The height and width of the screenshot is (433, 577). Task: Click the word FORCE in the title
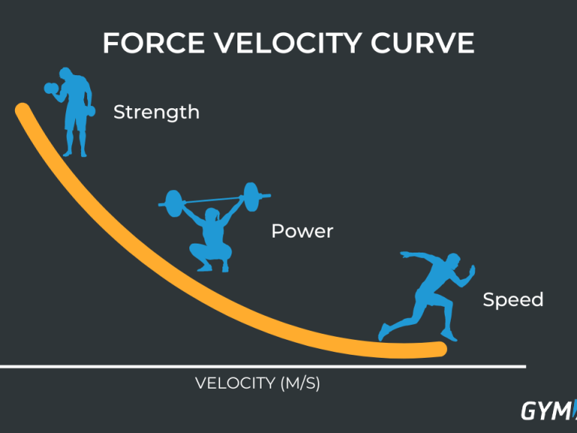(x=153, y=43)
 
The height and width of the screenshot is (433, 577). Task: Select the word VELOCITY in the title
(x=287, y=43)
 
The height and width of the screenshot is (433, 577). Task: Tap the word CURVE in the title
(x=422, y=43)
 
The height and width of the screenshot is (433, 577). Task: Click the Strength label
(x=156, y=112)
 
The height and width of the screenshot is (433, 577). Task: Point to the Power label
(x=302, y=232)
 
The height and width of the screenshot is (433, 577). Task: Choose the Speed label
(x=513, y=300)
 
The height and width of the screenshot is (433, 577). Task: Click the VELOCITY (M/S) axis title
(x=257, y=383)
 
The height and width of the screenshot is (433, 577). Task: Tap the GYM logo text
(x=548, y=410)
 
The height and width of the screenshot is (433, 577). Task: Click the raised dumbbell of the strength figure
(x=51, y=89)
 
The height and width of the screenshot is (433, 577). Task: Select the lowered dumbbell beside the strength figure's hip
(x=90, y=111)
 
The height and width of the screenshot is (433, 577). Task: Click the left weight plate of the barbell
(x=173, y=203)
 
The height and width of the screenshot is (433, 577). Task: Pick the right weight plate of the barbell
(x=252, y=197)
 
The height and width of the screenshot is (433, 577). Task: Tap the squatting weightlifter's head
(x=212, y=215)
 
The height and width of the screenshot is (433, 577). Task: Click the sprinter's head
(x=453, y=261)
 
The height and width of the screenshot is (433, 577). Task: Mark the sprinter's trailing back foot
(x=382, y=332)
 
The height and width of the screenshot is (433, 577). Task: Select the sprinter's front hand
(x=471, y=271)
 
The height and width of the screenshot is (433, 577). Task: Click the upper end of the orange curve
(x=22, y=110)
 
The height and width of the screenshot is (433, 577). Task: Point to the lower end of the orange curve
(x=440, y=349)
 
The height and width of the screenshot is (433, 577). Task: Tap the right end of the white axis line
(x=525, y=366)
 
